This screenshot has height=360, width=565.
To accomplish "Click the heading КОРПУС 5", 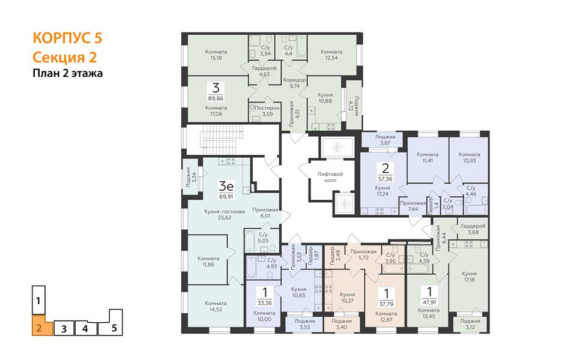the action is [67, 38].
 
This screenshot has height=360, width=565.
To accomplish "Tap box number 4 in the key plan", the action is [85, 328].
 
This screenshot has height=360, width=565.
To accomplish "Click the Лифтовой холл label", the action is [330, 177].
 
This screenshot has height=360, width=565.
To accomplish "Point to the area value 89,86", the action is [216, 98].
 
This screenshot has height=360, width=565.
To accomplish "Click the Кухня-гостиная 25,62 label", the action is [225, 215].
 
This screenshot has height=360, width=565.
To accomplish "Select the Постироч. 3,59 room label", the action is [267, 111].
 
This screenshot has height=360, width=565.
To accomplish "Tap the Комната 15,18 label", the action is [216, 55].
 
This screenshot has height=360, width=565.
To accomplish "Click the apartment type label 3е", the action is [226, 186].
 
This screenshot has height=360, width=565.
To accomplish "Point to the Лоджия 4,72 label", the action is [354, 106].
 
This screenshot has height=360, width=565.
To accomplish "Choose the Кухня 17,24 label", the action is [382, 191].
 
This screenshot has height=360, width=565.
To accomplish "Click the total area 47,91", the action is [429, 302].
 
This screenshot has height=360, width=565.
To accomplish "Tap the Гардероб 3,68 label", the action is [473, 229].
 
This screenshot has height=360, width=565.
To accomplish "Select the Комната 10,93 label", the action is [469, 157].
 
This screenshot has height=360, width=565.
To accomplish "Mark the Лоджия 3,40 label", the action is [342, 324].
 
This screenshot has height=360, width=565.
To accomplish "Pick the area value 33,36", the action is [265, 303].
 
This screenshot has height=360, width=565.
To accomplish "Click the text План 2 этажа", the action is [68, 73].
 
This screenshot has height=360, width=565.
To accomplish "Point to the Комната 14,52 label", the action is [216, 306].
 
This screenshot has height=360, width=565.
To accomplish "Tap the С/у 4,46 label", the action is [471, 191].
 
